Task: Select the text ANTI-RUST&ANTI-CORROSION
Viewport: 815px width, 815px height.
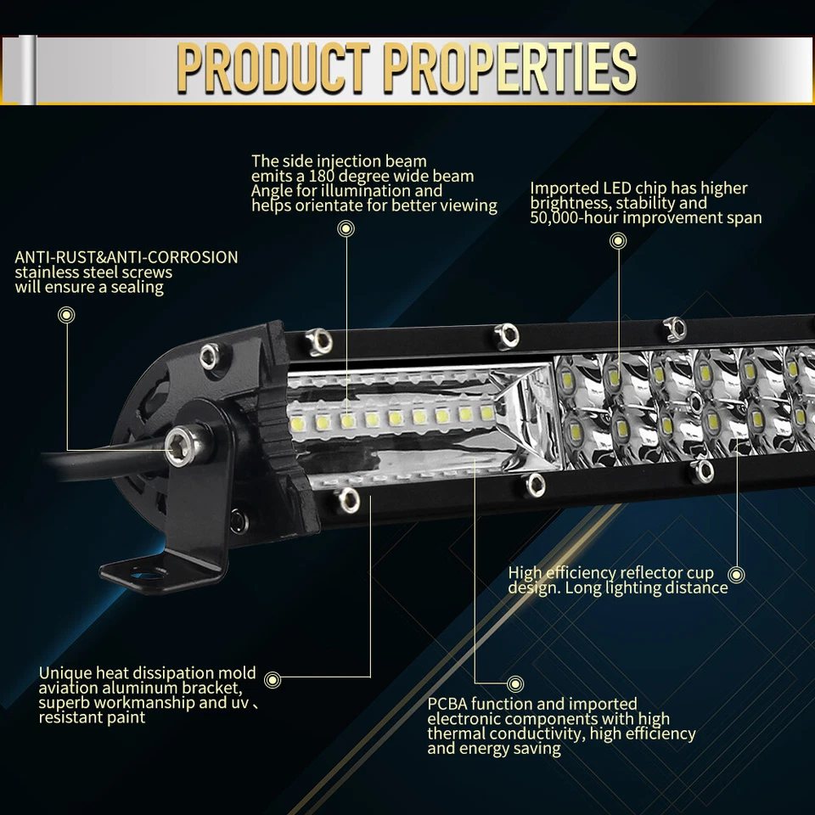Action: tap(126, 257)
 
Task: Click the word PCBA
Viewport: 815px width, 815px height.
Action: tap(447, 704)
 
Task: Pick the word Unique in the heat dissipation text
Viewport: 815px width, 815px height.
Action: tap(64, 673)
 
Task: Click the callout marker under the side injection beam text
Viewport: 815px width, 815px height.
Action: tap(346, 228)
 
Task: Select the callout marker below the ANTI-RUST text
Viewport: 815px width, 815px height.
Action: tap(65, 315)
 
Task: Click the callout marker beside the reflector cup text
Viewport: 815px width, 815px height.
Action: tap(737, 575)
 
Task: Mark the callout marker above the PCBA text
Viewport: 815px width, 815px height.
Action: tap(514, 683)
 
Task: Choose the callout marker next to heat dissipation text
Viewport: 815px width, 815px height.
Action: tap(272, 678)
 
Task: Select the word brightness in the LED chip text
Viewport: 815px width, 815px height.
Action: tap(565, 204)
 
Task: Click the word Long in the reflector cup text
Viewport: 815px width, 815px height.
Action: tap(582, 587)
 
